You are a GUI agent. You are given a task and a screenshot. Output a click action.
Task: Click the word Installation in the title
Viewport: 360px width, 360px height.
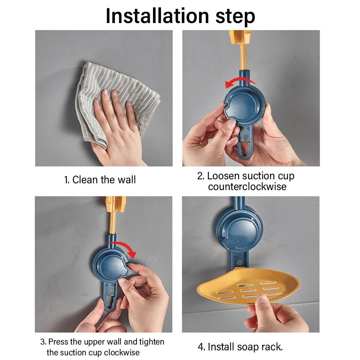(x=157, y=16)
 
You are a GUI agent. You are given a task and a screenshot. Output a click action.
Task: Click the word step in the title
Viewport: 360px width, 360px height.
(x=235, y=17)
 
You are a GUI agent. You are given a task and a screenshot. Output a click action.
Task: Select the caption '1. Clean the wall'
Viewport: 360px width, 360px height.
(x=100, y=180)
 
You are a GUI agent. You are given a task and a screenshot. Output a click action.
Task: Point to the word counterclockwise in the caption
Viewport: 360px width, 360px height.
(x=247, y=186)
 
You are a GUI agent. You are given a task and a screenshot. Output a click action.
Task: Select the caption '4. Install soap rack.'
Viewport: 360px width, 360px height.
(x=240, y=347)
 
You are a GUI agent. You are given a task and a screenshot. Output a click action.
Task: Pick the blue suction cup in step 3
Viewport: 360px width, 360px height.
(x=111, y=266)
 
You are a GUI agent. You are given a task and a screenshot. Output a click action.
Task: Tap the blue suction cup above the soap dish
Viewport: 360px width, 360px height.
(x=239, y=230)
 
